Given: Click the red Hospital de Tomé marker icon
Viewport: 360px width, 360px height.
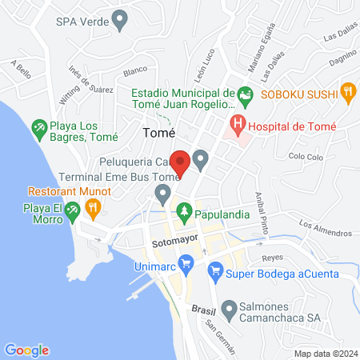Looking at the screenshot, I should tap(237, 124).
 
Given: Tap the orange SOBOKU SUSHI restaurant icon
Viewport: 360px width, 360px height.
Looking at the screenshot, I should tap(347, 92).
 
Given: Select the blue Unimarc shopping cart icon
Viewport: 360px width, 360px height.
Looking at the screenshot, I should tap(186, 262).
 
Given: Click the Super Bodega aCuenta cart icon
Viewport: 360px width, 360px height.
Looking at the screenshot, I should tap(215, 273).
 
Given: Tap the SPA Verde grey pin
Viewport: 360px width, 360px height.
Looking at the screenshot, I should tap(121, 20).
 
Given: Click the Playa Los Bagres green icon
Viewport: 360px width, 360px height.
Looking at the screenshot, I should tap(38, 127).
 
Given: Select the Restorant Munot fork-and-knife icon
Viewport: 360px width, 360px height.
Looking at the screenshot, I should tap(94, 209).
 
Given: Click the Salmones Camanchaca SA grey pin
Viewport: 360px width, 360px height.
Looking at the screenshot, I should tap(230, 308).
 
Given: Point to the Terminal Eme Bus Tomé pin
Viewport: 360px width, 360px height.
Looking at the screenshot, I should tap(163, 193).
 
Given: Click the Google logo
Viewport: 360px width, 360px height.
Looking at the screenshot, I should tap(27, 350).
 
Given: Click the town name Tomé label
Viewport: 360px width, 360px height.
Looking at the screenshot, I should tap(158, 133).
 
